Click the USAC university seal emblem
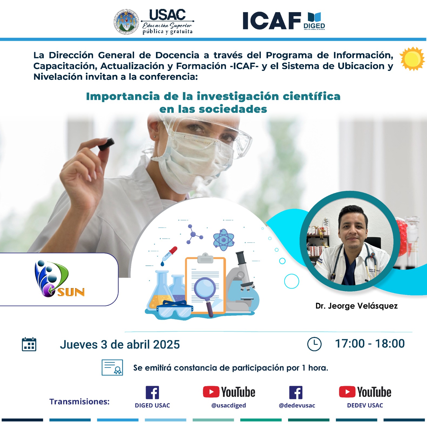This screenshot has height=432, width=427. (126, 22)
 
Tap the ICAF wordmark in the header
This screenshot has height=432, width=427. (272, 21)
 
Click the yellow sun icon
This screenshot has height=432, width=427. (412, 59)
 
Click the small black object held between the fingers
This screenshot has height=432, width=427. (106, 144)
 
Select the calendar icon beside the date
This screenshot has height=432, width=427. (29, 344)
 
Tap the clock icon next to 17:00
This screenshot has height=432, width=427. (314, 344)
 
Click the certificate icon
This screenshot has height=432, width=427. (112, 367)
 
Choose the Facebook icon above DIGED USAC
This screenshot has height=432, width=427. (152, 392)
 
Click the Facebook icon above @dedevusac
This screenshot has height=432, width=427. (296, 392)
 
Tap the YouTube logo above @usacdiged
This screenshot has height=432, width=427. (229, 392)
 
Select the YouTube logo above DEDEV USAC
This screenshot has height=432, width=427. (365, 392)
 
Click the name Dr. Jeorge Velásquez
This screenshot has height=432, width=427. (356, 306)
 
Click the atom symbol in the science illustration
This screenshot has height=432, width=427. (223, 239)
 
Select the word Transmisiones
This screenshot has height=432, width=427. (79, 401)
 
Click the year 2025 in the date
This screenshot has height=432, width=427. (166, 345)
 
